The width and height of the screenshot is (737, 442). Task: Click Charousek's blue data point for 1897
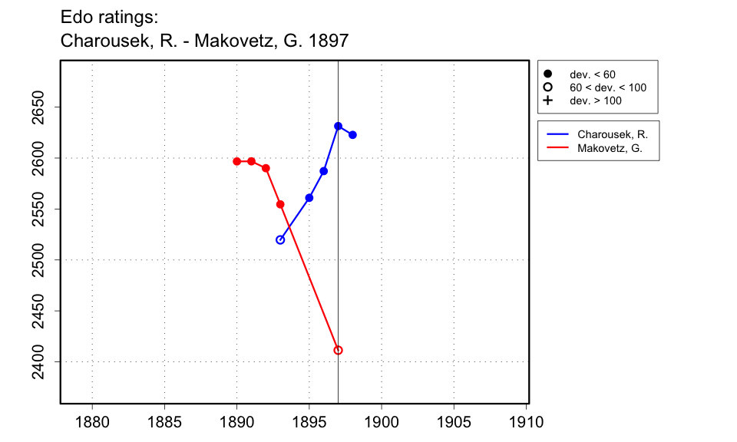coord(338,126)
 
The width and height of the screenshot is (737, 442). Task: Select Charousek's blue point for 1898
coord(352,135)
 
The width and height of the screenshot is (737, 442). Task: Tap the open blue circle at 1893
coord(280,240)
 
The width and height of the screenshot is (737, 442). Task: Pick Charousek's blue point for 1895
coord(309,198)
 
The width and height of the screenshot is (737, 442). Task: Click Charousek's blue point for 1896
coord(324,171)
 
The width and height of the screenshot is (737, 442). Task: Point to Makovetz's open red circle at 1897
coord(338,351)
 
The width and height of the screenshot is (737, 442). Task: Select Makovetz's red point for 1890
coord(237,162)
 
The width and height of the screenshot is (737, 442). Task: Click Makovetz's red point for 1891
coord(251,162)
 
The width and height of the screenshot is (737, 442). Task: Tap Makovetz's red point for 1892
coord(266,168)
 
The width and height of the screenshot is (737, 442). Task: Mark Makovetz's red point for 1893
coord(280,204)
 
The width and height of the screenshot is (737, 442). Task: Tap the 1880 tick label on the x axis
coord(92,421)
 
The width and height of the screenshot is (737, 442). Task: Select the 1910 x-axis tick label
coord(526,421)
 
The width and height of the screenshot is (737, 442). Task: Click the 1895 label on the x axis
coord(309,421)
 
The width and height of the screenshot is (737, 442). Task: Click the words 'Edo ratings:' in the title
coord(109,17)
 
